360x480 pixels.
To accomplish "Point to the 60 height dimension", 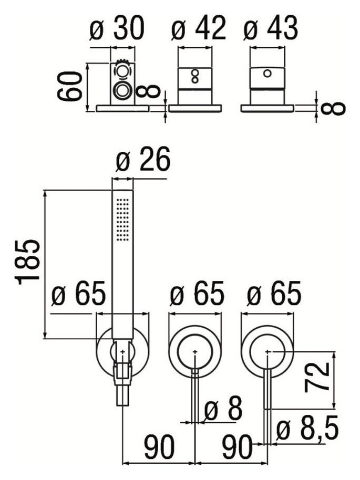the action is point(70,86).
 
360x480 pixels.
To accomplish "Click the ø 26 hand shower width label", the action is point(143,159).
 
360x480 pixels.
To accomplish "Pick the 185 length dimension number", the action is point(28,263).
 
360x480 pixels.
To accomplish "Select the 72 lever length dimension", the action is point(316,377).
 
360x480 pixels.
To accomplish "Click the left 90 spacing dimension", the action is point(159,447).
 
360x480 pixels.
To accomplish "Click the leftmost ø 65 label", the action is point(79,293).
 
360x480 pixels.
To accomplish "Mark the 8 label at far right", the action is point(334,109).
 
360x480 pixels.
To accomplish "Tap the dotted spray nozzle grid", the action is point(123,220).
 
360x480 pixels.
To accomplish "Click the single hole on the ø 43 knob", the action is point(267,74).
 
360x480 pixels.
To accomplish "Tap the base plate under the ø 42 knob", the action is point(195,108).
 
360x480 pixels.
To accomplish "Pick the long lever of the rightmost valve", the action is point(268,389).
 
